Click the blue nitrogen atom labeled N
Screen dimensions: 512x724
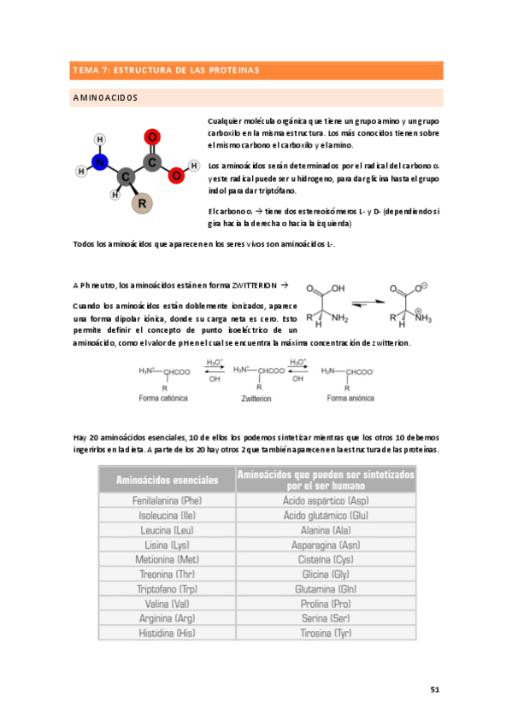tap(101, 162)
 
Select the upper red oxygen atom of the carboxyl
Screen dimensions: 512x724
tap(153, 137)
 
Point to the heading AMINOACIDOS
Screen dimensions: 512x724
tap(106, 98)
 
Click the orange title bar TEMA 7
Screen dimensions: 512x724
tap(256, 70)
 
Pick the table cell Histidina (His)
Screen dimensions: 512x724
tap(168, 633)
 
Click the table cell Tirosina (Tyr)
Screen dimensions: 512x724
tap(326, 633)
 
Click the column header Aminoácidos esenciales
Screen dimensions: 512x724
tap(168, 480)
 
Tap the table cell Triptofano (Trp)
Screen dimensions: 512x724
tap(168, 589)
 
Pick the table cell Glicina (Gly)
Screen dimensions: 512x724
tap(326, 575)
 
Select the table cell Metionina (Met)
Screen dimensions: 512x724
tap(168, 559)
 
